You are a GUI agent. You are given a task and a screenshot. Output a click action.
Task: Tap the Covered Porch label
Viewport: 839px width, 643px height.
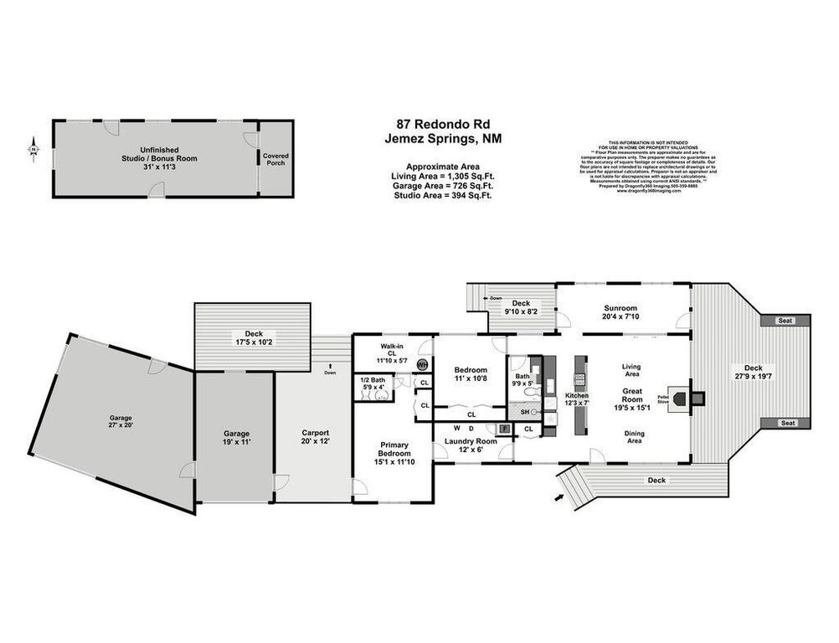click(x=275, y=159)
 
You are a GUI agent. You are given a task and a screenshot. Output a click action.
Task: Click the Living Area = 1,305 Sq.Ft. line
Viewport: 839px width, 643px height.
click(x=442, y=176)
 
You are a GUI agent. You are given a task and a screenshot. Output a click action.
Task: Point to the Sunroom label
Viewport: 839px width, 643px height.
click(x=620, y=308)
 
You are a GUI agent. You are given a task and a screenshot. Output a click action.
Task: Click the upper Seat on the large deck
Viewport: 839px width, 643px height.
click(x=785, y=321)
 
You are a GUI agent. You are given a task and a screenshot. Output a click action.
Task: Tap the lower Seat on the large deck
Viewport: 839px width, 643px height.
click(x=786, y=423)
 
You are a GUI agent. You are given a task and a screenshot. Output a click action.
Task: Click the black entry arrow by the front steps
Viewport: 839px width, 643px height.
click(x=558, y=500)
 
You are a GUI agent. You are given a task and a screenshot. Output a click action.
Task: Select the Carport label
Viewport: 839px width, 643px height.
click(x=316, y=437)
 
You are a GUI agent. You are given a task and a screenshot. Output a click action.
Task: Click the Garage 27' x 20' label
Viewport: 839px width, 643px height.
click(x=121, y=422)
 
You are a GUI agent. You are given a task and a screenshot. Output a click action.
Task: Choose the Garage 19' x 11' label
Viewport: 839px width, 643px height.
click(x=235, y=438)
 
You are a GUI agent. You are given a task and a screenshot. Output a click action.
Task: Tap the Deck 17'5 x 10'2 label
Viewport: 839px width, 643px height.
click(x=253, y=337)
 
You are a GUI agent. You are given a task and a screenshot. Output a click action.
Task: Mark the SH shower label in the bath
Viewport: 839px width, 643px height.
click(x=525, y=412)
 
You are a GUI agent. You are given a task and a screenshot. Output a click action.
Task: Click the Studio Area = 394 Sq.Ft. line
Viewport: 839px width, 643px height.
click(x=442, y=196)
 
